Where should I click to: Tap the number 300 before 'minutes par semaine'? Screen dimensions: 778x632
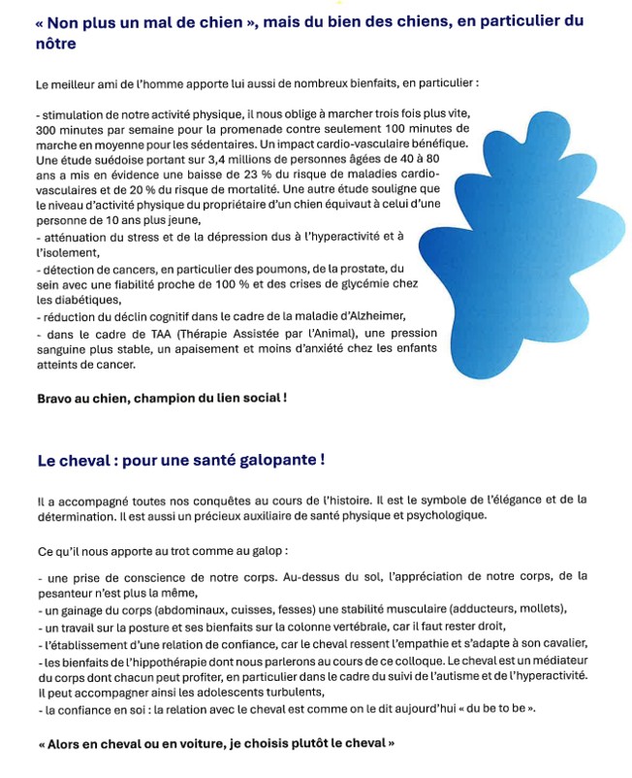click(46, 129)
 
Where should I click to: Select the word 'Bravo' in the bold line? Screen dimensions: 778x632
click(53, 399)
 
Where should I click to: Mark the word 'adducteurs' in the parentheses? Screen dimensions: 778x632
click(485, 609)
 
